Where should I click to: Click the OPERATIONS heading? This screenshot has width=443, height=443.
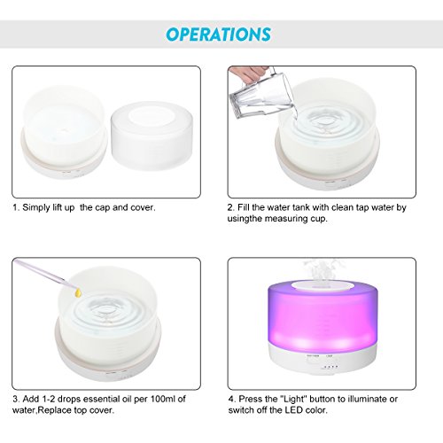coord(219,35)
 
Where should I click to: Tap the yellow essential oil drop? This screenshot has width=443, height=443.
coord(78,292)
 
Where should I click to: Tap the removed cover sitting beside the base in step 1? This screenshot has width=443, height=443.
coord(152,136)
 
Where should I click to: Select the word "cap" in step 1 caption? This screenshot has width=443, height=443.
coord(103,208)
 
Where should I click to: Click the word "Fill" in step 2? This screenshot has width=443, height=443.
coord(243,207)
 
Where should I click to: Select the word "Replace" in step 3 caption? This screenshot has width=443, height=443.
coord(55,410)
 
